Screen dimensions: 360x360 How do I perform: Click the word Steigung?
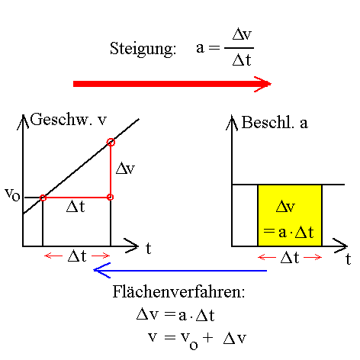click(x=143, y=49)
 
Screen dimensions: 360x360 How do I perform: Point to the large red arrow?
click(x=172, y=84)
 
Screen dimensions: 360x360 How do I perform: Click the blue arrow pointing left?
click(x=179, y=270)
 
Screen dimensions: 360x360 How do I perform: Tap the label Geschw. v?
click(x=68, y=120)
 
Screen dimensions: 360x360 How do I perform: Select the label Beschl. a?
click(x=275, y=122)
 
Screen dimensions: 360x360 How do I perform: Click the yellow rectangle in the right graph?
click(x=290, y=215)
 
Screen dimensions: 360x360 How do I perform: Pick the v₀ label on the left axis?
click(x=12, y=194)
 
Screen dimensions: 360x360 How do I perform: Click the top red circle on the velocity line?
click(x=111, y=142)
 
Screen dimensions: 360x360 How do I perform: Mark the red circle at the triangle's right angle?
click(x=111, y=198)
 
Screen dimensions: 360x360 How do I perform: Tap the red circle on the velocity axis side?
click(x=43, y=198)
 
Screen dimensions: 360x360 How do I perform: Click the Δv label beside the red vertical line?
click(x=124, y=169)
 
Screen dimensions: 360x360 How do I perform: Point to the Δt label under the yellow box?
click(x=290, y=257)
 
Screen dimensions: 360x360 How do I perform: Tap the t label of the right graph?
click(x=347, y=259)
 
